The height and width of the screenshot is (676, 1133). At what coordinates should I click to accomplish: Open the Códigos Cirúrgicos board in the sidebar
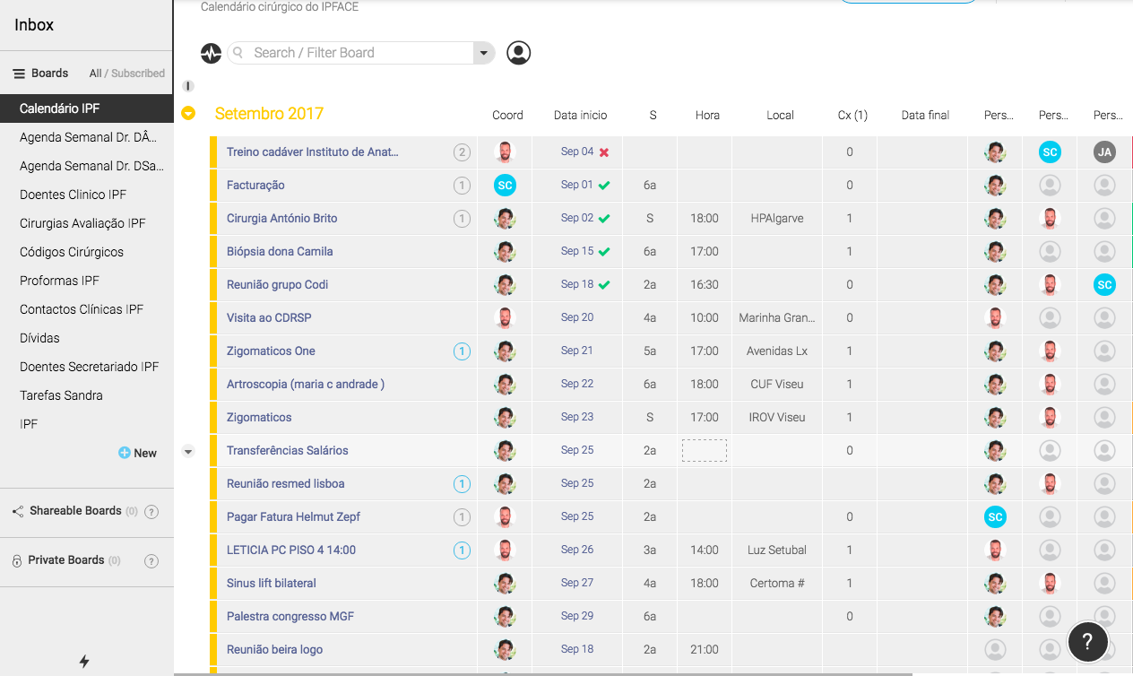pyautogui.click(x=72, y=252)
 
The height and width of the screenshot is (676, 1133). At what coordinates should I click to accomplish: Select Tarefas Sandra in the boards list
pyautogui.click(x=61, y=395)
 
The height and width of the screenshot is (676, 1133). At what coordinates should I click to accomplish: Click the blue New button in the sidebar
pyautogui.click(x=138, y=453)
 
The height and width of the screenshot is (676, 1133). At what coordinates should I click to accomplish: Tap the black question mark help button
pyautogui.click(x=1087, y=641)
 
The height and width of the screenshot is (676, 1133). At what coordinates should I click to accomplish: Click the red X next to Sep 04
pyautogui.click(x=604, y=152)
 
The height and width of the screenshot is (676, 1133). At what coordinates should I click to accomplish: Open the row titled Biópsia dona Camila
pyautogui.click(x=280, y=251)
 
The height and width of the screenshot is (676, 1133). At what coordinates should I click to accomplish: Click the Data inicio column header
pyautogui.click(x=580, y=115)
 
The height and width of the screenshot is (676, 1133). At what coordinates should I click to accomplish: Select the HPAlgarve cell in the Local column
pyautogui.click(x=779, y=218)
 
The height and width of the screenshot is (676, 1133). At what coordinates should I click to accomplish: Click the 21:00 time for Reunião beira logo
pyautogui.click(x=705, y=649)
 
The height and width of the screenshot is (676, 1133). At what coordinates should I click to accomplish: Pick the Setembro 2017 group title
pyautogui.click(x=269, y=114)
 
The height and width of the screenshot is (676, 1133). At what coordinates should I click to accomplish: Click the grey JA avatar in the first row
pyautogui.click(x=1104, y=152)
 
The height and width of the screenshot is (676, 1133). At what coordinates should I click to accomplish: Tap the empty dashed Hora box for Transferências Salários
pyautogui.click(x=705, y=450)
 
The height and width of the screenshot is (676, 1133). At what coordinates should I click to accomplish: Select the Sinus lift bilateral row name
pyautogui.click(x=272, y=583)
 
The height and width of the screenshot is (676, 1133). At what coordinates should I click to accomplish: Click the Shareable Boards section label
pyautogui.click(x=75, y=511)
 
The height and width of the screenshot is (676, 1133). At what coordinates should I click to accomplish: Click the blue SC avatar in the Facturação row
pyautogui.click(x=505, y=186)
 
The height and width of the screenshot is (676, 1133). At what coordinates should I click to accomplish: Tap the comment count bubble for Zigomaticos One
pyautogui.click(x=462, y=351)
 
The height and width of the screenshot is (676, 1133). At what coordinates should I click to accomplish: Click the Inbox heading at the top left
pyautogui.click(x=34, y=25)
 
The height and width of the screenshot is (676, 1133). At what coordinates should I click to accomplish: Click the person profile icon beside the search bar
pyautogui.click(x=518, y=53)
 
